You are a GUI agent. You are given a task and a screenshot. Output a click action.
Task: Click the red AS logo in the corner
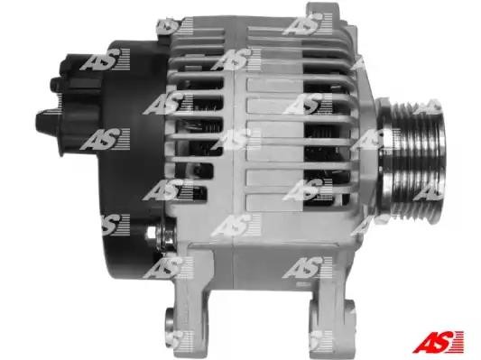pos(438,342)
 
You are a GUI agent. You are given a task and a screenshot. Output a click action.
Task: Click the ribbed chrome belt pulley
pos(412,161)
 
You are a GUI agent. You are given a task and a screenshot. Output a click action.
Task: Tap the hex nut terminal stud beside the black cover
pos(159,235)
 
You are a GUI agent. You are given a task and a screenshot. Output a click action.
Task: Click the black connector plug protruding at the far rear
pos(49,122)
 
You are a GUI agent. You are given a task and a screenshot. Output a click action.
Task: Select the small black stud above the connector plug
pos(57,84)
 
